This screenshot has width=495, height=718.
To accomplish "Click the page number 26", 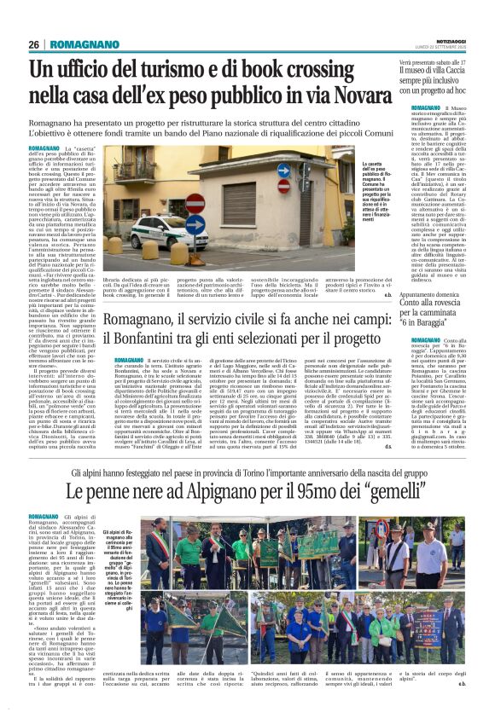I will (33, 44).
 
